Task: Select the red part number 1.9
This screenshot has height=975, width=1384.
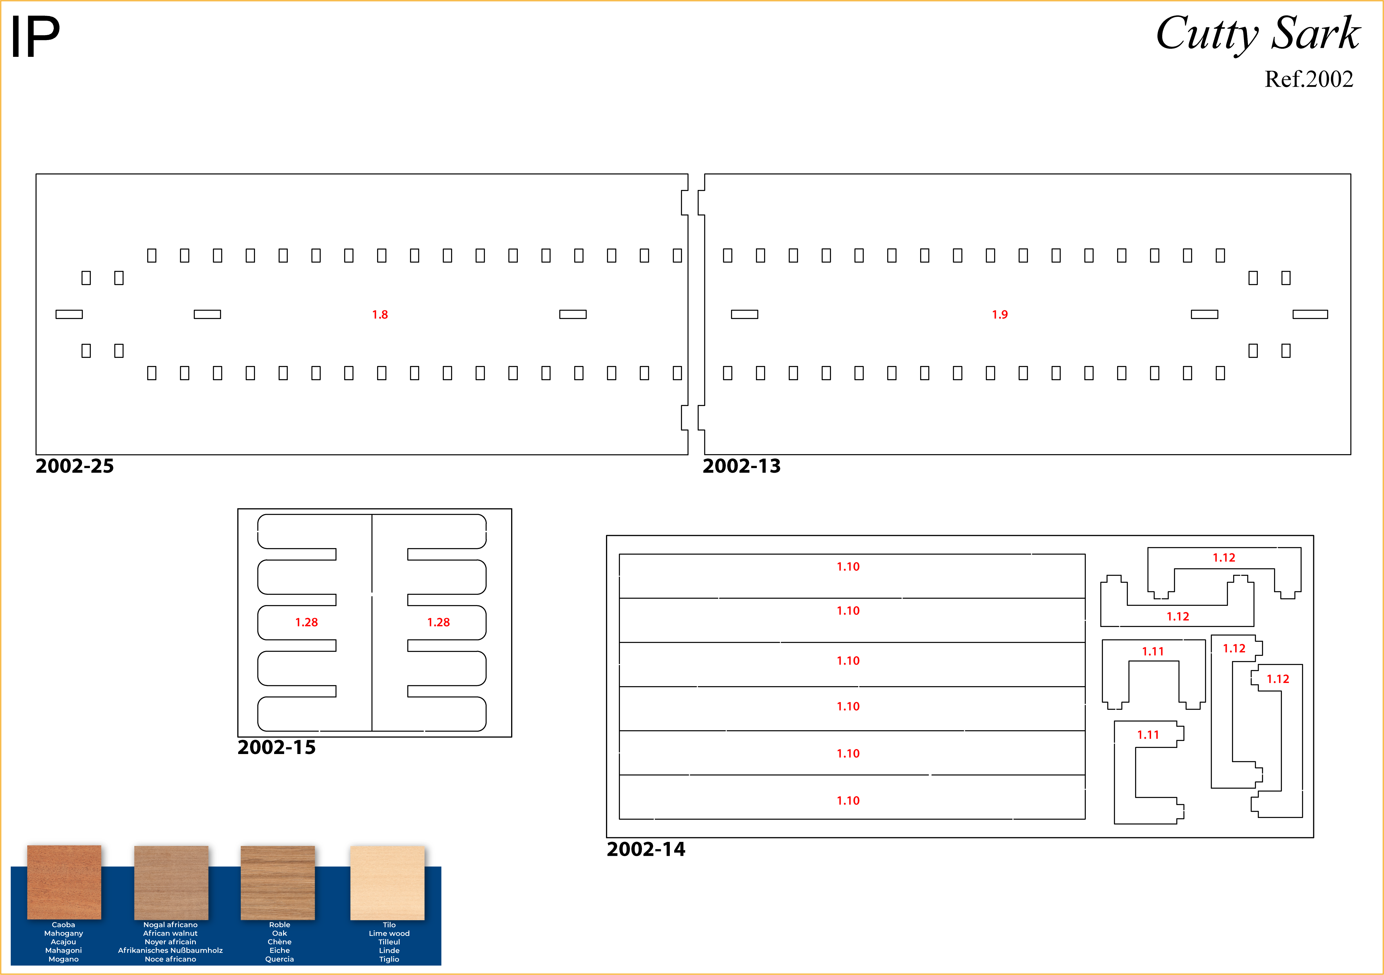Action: click(999, 315)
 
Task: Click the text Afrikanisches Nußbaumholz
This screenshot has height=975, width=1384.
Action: click(171, 950)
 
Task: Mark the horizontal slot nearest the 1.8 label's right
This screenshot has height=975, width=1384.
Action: click(573, 315)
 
